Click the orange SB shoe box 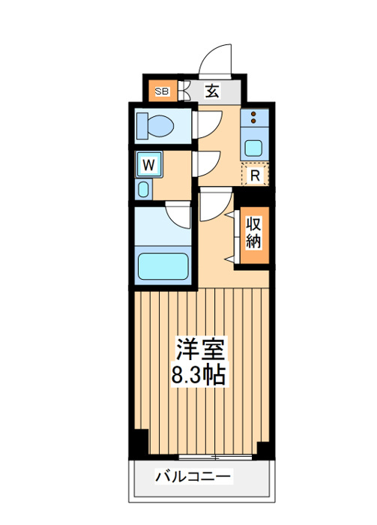click(x=163, y=91)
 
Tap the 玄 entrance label click(x=212, y=91)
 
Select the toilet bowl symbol click(x=156, y=126)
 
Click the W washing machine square click(x=149, y=164)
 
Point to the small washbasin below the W click(x=143, y=189)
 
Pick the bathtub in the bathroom click(x=163, y=265)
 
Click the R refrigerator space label click(x=255, y=175)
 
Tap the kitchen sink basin click(x=253, y=148)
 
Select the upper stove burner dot click(x=253, y=113)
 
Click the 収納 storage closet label click(x=253, y=232)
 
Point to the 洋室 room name click(x=200, y=348)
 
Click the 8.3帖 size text click(x=198, y=373)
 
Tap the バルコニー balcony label click(x=193, y=476)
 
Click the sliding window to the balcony click(x=215, y=457)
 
